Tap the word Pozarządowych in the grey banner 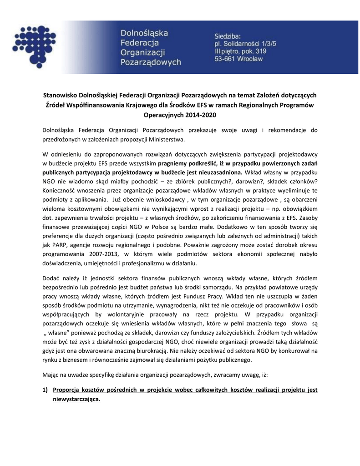[150, 62]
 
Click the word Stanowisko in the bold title [60, 96]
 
